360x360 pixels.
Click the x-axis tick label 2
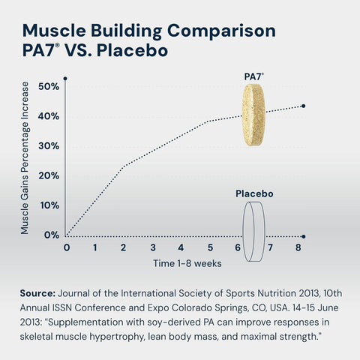coord(124,247)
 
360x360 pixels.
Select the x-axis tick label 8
coord(298,247)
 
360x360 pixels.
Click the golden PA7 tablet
coord(256,115)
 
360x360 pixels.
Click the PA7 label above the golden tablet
coord(254,76)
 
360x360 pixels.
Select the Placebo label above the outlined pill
coord(254,193)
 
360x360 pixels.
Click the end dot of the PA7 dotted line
coord(303,106)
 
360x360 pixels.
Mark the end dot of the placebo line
coord(303,235)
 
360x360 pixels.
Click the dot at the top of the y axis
coord(66,78)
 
